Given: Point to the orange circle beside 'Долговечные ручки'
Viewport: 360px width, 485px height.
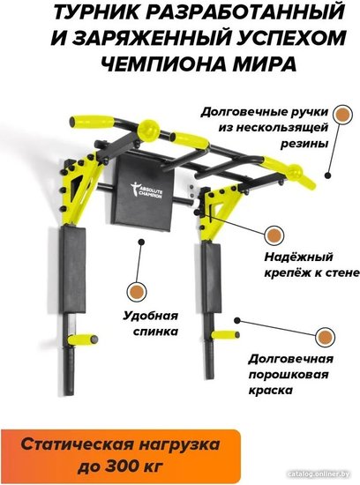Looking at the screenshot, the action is click(342, 115).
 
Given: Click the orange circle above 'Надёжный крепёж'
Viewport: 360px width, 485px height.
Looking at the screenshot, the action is click(274, 235).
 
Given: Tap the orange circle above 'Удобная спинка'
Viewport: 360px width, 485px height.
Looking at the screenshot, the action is click(137, 292).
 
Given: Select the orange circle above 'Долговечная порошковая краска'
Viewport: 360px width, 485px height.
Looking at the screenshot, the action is click(325, 337).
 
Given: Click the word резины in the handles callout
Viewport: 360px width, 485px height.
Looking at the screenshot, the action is click(304, 144).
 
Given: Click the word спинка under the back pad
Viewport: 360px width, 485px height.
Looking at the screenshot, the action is click(155, 332).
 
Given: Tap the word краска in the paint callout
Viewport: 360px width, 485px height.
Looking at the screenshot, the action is click(271, 391).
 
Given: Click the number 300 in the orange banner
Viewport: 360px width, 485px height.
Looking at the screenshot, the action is click(121, 465).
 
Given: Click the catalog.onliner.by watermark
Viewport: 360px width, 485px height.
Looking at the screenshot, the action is click(322, 474).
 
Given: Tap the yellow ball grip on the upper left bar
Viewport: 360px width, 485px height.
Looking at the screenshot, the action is click(149, 130).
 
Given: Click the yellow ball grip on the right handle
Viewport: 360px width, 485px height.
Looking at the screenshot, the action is click(295, 171).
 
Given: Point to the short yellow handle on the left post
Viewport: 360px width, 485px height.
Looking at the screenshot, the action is click(83, 339).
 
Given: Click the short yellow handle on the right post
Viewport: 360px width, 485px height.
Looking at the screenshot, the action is click(225, 335).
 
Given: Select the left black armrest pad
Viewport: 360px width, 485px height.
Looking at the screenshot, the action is click(72, 270).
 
